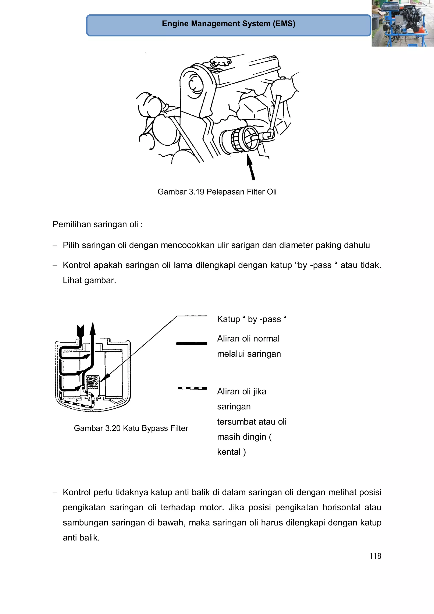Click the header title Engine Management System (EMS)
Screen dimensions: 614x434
[x=228, y=24]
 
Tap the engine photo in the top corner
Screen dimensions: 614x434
[x=402, y=23]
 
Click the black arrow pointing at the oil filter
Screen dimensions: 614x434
[x=251, y=168]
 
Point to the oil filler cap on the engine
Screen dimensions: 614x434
[x=220, y=62]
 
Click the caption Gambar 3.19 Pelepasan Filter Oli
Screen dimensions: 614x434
[x=217, y=192]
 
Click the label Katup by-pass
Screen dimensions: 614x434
[x=251, y=319]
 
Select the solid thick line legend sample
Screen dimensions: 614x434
[x=191, y=343]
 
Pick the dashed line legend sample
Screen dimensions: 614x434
[x=192, y=388]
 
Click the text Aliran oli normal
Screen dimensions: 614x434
[x=248, y=338]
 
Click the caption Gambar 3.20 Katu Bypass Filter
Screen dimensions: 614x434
[x=131, y=428]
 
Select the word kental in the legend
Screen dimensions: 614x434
[x=229, y=452]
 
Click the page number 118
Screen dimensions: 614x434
[x=375, y=556]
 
